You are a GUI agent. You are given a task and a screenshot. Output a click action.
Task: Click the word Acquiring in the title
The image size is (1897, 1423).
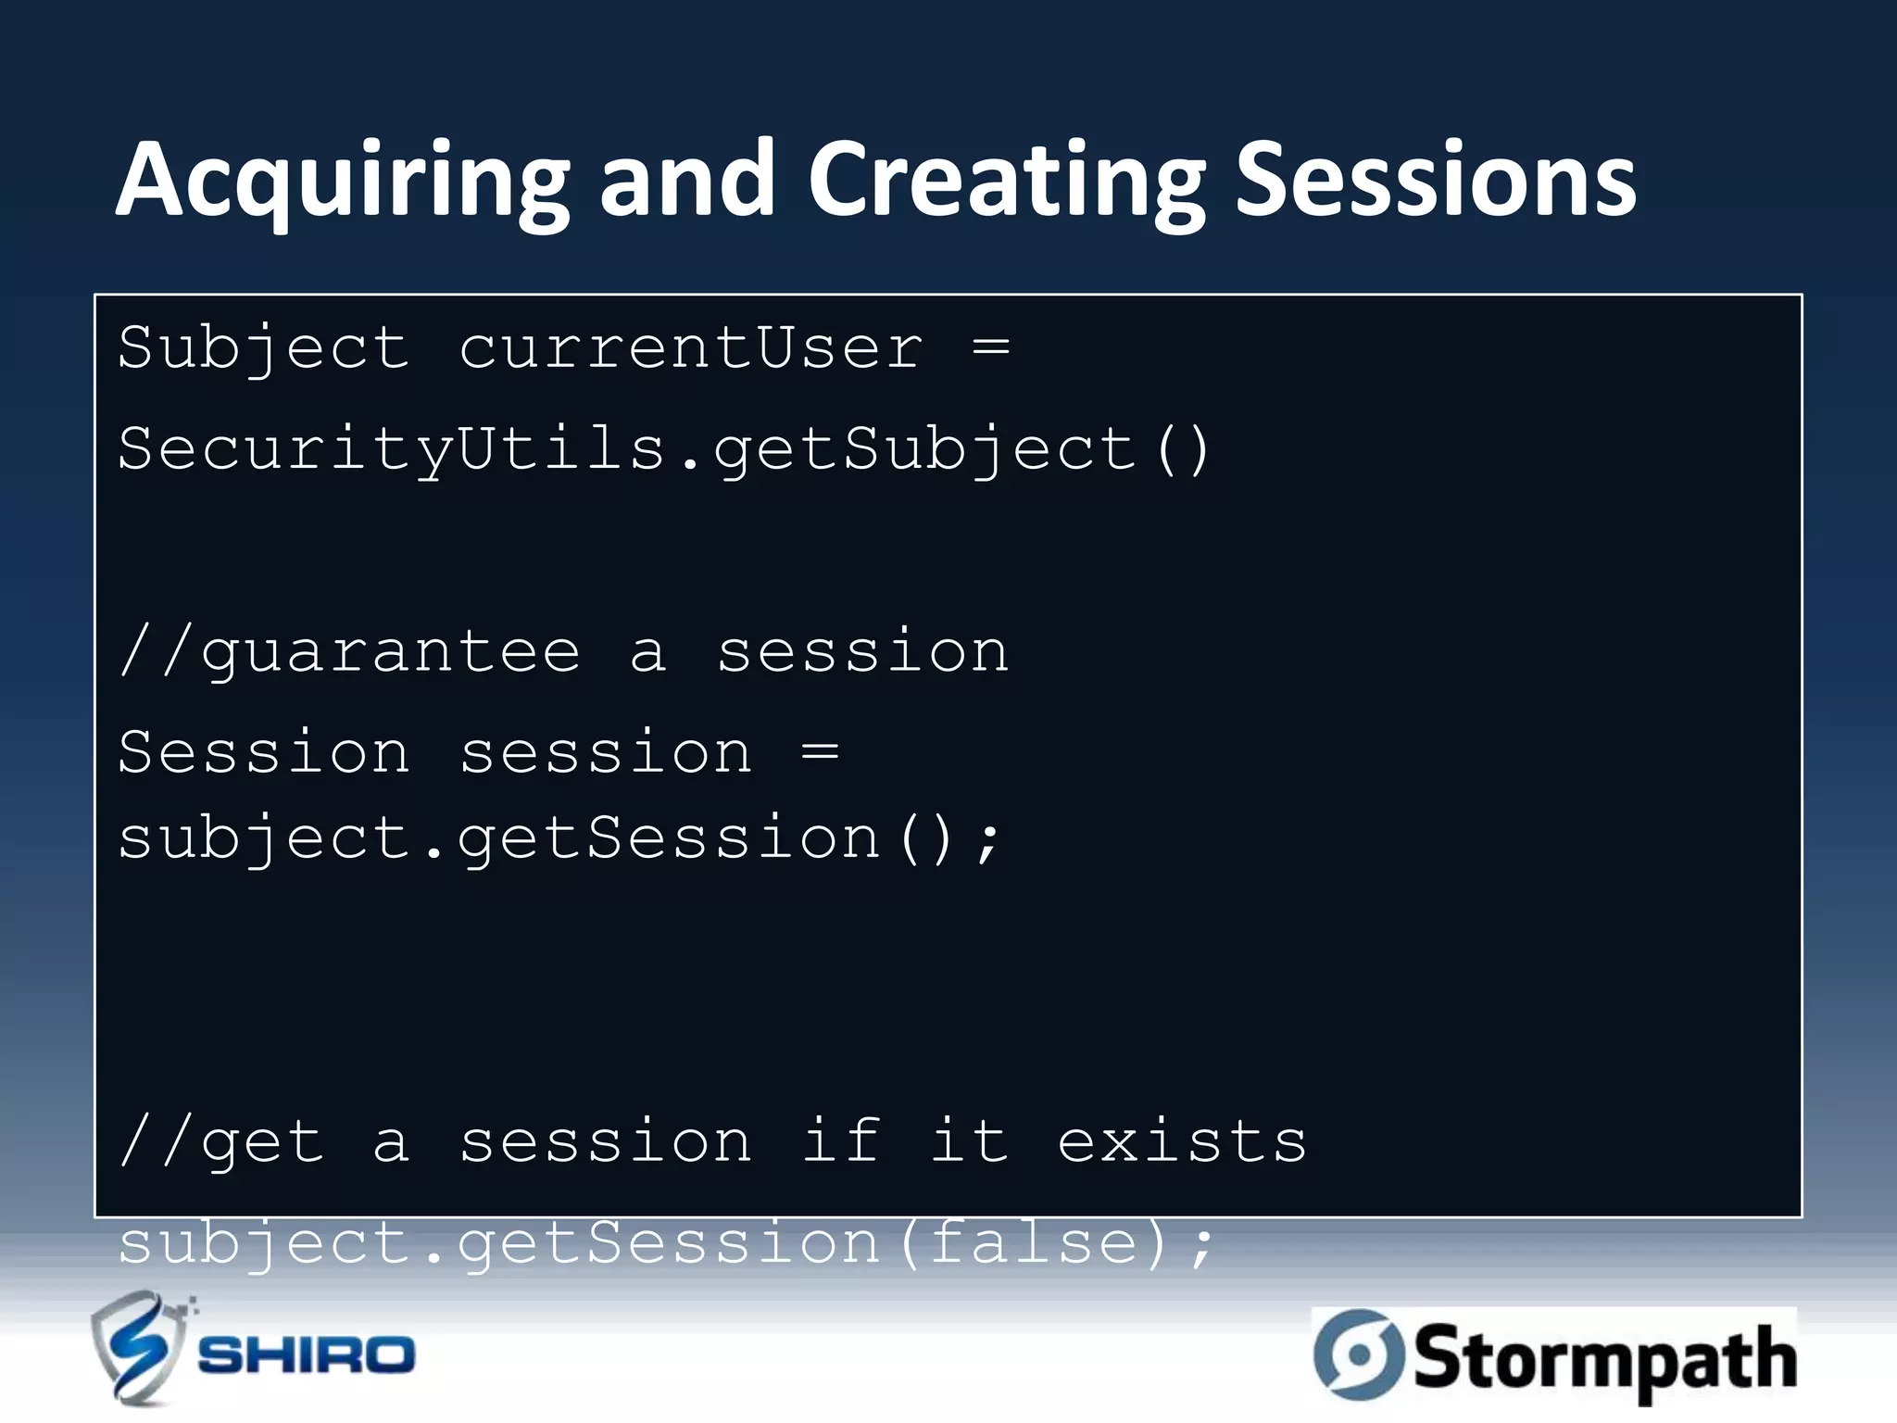coord(343,181)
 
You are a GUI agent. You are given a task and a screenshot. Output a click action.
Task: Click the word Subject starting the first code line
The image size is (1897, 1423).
coord(263,349)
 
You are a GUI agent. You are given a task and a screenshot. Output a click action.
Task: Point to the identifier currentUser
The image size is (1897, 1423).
coord(691,349)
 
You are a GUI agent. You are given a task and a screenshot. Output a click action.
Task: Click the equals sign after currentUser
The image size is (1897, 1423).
coord(991,349)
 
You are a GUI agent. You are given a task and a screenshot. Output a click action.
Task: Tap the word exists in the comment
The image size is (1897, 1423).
coord(1182,1141)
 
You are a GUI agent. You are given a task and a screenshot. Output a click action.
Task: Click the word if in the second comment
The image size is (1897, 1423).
coord(841,1141)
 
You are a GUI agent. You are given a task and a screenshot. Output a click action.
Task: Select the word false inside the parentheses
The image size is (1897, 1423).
coord(1034,1243)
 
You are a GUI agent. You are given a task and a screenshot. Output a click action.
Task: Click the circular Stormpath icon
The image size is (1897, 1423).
coord(1358,1354)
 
